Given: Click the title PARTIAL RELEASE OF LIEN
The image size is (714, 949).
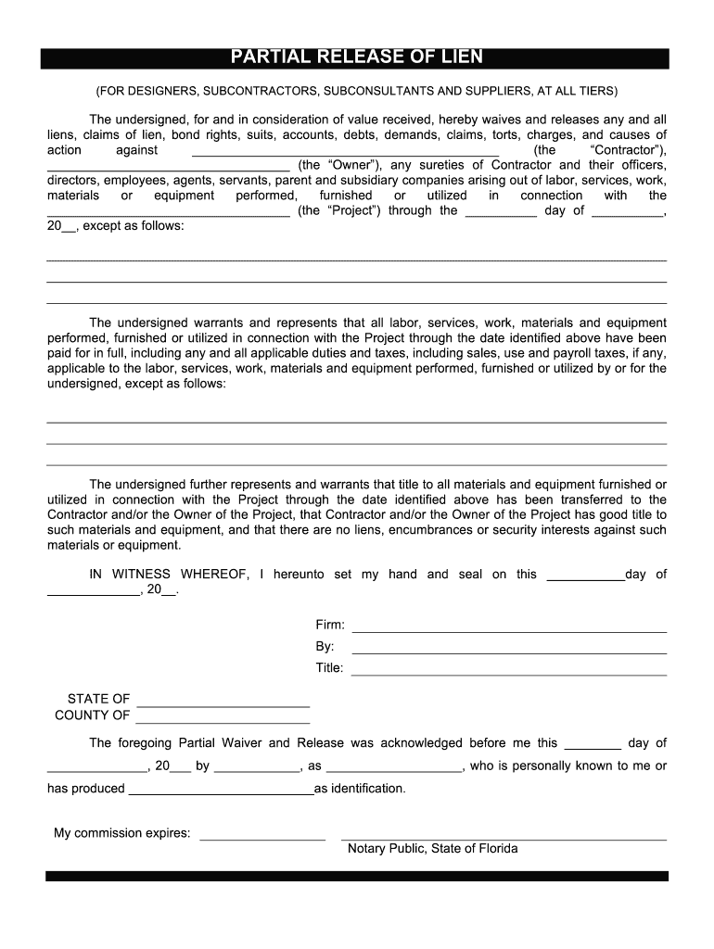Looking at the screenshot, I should click(x=357, y=57).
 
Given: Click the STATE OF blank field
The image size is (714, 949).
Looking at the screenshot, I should click(x=223, y=702).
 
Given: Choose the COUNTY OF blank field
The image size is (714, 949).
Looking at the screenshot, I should click(x=223, y=719).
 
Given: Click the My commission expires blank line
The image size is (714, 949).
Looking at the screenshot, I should click(x=262, y=836).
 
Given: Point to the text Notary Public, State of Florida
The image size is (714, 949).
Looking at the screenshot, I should click(x=432, y=849).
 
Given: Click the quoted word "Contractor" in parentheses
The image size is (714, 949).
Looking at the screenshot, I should click(x=627, y=150).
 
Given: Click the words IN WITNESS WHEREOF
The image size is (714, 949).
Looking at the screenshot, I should click(x=168, y=575).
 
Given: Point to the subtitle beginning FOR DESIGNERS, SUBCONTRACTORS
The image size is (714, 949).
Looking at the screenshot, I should click(x=357, y=92).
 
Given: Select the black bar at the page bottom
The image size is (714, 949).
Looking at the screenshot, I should click(x=357, y=876).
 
